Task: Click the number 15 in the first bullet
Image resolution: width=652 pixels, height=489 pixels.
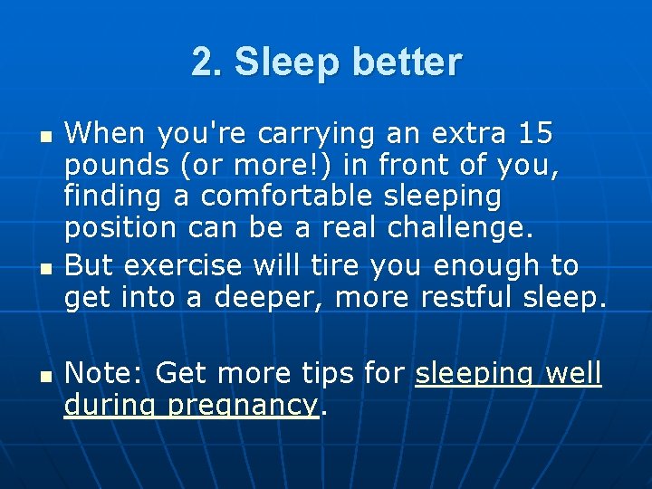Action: [x=533, y=134]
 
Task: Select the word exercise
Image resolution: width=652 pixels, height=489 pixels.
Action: [x=183, y=264]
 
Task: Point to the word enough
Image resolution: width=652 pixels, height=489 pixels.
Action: [x=488, y=264]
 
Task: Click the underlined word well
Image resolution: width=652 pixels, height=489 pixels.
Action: [x=570, y=372]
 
